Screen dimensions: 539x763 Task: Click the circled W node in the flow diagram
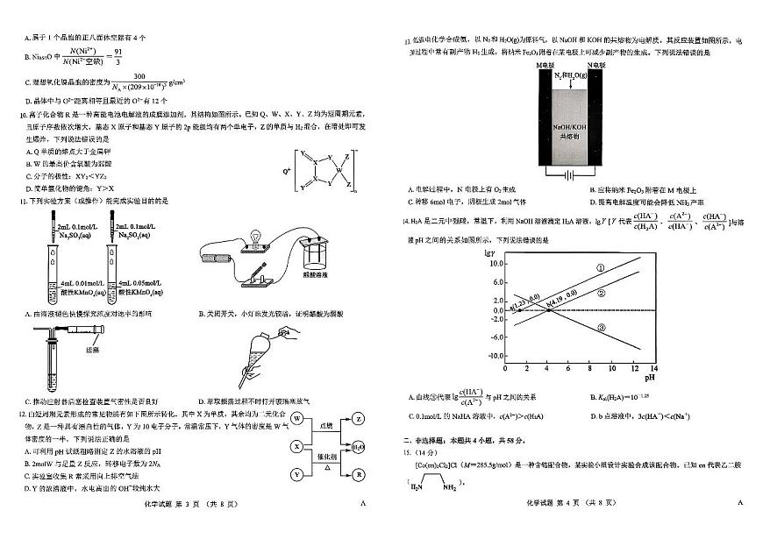pos(297,419)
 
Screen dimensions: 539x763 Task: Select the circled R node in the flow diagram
pos(359,474)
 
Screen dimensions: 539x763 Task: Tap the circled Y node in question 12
pos(297,474)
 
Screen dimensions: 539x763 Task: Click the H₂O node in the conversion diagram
pos(359,447)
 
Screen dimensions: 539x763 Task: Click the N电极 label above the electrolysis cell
pos(595,65)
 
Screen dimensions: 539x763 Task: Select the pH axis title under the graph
pos(649,379)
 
